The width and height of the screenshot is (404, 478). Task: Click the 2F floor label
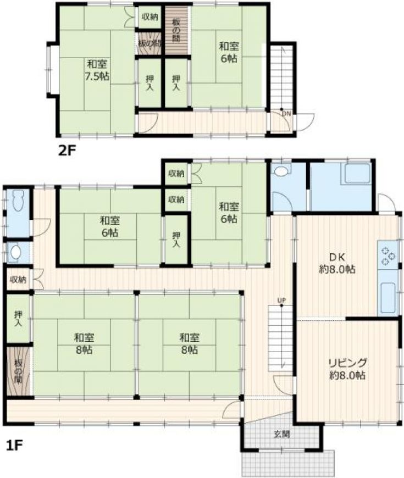67,151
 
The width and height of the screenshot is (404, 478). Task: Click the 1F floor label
15,446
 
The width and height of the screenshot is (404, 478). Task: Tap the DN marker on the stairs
286,114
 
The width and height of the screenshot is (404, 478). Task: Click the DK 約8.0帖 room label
337,263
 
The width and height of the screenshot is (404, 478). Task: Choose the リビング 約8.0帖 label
347,369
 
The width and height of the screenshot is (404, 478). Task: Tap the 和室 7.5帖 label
97,70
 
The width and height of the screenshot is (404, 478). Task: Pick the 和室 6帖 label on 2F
229,52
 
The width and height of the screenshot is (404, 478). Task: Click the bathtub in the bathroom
356,174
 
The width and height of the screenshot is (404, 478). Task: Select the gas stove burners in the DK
388,255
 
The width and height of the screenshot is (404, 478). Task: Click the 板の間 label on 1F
18,371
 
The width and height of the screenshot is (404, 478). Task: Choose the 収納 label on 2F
150,17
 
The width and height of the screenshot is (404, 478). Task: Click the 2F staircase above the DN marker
281,77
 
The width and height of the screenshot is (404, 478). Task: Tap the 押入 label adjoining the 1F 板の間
18,318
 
